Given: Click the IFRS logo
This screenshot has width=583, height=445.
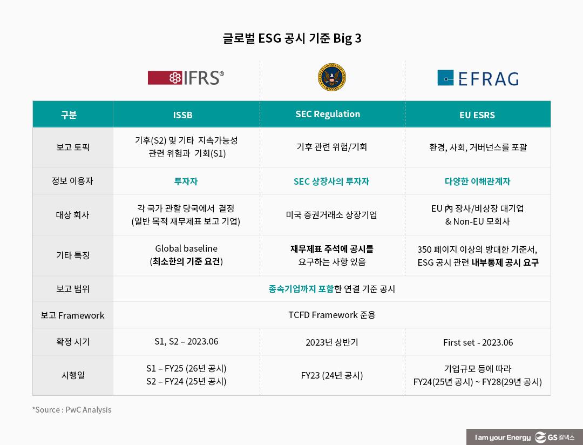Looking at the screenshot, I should [186, 78].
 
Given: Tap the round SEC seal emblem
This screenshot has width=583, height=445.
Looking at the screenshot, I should [331, 78].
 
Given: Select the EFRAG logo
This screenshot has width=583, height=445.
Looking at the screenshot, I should [478, 78].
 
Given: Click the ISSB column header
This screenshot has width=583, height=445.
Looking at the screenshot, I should [182, 114].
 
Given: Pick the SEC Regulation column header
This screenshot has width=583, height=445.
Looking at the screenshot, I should [328, 114].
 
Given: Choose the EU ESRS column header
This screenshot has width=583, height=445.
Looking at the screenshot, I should [477, 114].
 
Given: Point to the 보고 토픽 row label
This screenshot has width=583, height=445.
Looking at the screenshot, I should [73, 147].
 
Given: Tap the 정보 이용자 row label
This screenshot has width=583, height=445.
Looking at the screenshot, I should [72, 181].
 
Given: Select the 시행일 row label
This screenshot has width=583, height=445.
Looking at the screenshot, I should [73, 375].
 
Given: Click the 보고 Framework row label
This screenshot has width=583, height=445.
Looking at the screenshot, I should [72, 315].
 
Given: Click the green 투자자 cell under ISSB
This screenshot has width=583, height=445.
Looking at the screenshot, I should [186, 181].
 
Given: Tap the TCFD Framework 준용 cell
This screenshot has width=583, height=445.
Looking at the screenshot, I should [331, 314].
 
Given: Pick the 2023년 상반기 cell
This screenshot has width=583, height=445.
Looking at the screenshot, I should [331, 342].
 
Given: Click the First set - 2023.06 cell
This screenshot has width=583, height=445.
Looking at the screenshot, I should [478, 342].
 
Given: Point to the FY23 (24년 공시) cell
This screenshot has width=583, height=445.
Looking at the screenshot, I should [331, 375].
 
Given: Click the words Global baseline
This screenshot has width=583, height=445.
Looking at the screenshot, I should [186, 248].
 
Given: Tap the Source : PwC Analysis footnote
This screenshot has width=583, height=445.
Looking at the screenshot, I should [72, 409].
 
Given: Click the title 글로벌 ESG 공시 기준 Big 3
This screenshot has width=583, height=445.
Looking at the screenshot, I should [291, 38].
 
